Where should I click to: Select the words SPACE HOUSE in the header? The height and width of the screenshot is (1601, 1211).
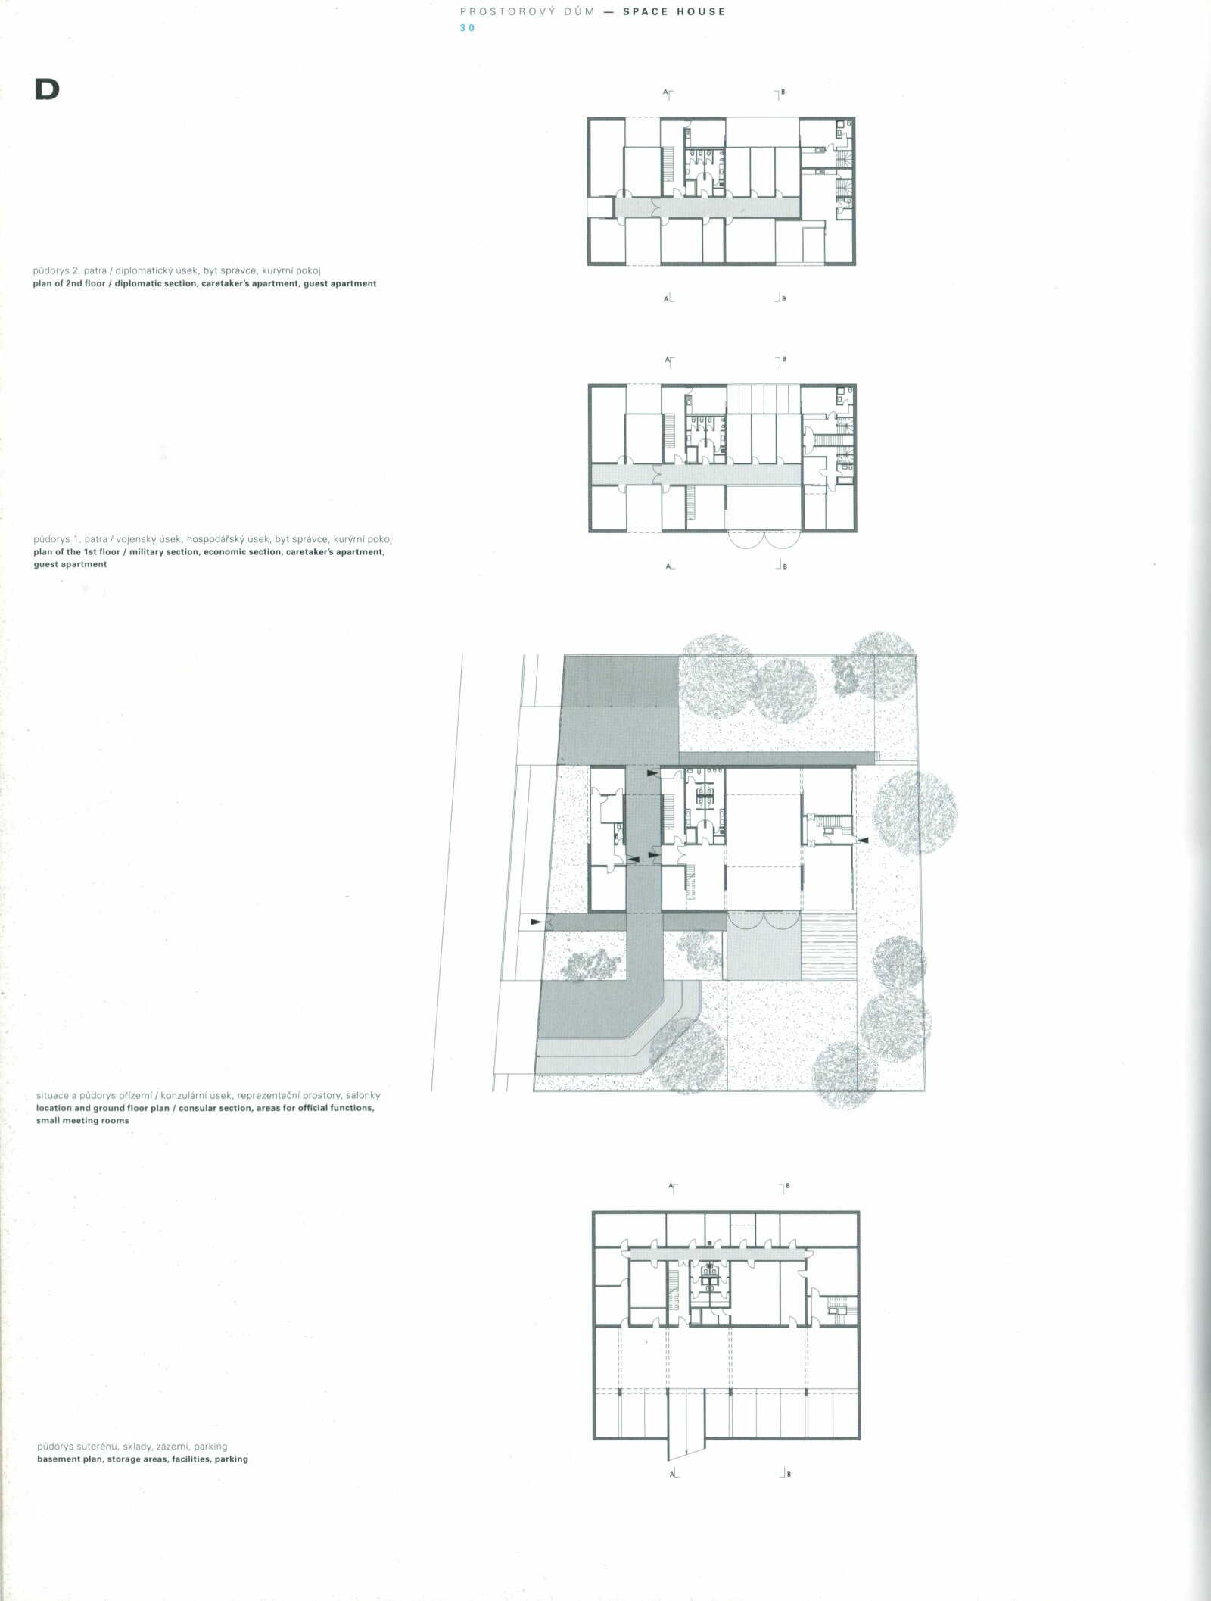[x=674, y=12]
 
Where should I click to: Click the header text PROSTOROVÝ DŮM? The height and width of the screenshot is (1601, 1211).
[x=528, y=12]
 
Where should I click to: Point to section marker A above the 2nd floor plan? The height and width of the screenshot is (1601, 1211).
[x=668, y=93]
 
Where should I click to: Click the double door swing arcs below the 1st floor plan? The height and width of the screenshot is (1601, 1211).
[x=765, y=538]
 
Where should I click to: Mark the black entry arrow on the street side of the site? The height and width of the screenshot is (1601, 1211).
[x=537, y=922]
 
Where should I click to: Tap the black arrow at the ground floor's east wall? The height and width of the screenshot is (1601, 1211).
[x=862, y=841]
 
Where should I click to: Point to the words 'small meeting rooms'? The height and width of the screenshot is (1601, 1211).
[x=82, y=1120]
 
